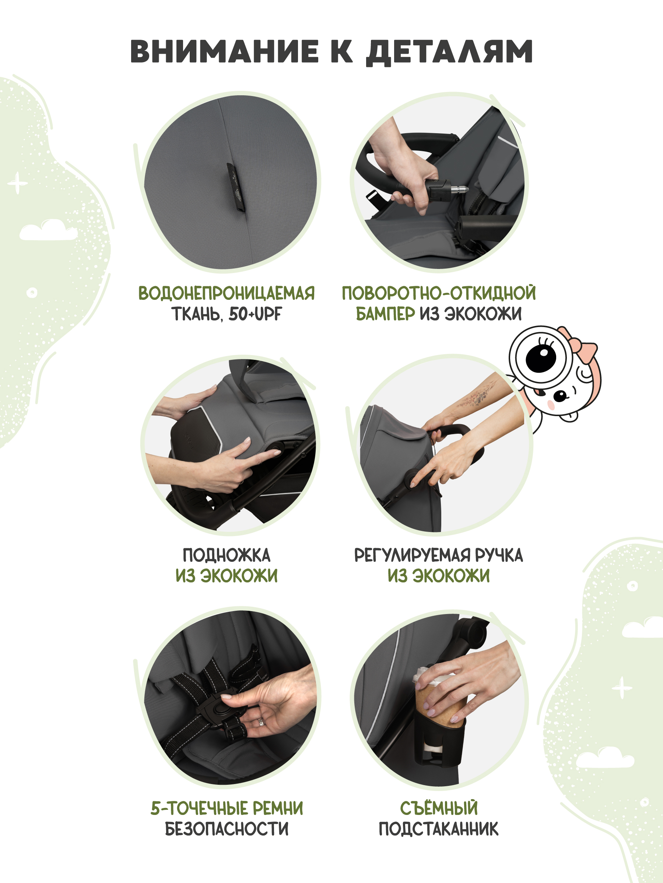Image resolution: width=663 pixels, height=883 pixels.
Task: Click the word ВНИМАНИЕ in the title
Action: click(224, 52)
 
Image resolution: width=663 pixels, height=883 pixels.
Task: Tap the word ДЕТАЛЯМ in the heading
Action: click(449, 52)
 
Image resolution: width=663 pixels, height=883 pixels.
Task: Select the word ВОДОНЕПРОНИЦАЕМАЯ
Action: click(227, 293)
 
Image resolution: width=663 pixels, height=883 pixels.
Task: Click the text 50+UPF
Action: click(255, 314)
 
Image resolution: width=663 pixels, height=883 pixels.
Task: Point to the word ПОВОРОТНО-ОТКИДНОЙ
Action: click(439, 293)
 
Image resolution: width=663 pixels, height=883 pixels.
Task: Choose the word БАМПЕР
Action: click(385, 314)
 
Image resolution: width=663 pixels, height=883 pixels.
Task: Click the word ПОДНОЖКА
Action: click(227, 555)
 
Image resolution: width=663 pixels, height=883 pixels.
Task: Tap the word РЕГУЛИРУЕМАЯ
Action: click(413, 555)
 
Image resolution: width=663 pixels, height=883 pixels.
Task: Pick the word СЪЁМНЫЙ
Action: click(439, 808)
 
